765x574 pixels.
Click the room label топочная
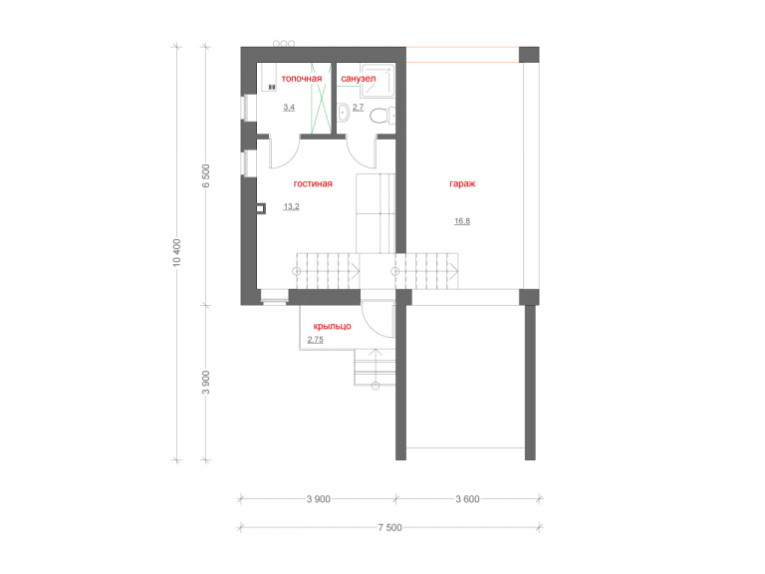(302, 79)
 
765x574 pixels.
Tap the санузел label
(359, 79)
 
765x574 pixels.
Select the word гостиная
(313, 184)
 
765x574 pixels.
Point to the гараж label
(462, 184)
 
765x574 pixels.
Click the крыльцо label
(333, 326)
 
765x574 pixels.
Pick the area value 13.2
(291, 207)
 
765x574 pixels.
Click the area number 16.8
(462, 221)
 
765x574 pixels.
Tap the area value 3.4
(289, 108)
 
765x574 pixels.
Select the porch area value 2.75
(315, 340)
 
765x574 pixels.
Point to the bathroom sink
(343, 113)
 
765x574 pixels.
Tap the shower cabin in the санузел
(378, 80)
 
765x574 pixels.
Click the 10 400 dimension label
(176, 252)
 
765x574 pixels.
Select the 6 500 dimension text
(206, 176)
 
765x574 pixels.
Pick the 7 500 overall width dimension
(389, 527)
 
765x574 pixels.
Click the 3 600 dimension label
(467, 499)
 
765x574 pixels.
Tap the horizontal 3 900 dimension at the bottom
(318, 499)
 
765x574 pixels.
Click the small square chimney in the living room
(262, 208)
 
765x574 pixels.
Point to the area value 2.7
(359, 108)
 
